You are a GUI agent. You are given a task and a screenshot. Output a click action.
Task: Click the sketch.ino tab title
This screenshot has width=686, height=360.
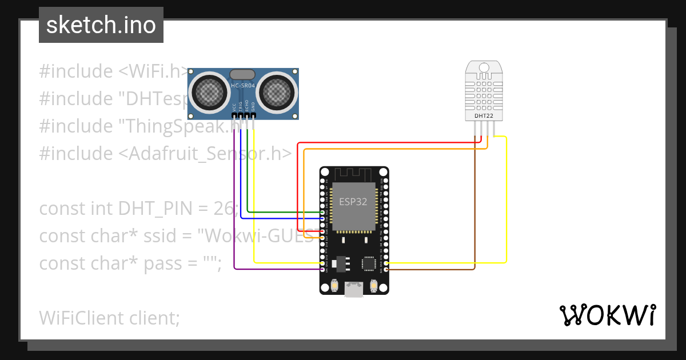(x=101, y=25)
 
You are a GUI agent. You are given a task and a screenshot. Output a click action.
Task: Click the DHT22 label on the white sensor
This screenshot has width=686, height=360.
(x=484, y=115)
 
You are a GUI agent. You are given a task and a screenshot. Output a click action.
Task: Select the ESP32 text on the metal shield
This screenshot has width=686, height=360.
(x=353, y=202)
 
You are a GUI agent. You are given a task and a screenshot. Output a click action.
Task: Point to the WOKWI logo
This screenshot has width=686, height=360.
(x=607, y=315)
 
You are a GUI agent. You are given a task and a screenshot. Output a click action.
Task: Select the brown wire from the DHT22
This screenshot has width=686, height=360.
(x=474, y=217)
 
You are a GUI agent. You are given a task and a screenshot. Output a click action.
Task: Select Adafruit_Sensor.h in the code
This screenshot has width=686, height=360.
(x=206, y=154)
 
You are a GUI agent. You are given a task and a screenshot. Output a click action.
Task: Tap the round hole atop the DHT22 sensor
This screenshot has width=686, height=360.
(x=484, y=68)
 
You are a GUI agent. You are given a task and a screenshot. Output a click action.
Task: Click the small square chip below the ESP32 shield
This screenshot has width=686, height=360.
(x=368, y=263)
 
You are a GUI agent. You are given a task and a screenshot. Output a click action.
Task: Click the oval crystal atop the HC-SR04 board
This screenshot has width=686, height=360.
(x=242, y=74)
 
